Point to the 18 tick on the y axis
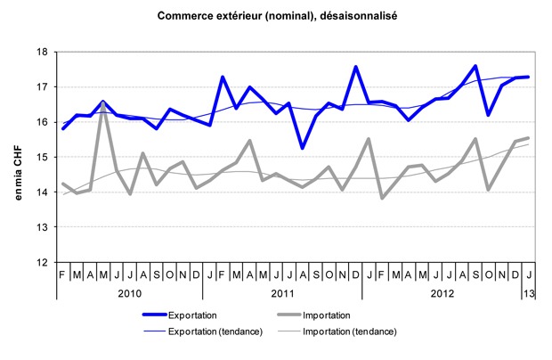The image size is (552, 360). (x=43, y=52)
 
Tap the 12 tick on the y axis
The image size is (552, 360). (x=43, y=263)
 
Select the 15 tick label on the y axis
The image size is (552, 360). (x=43, y=158)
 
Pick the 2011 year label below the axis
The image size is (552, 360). (x=285, y=294)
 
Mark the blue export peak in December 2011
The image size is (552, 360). (x=356, y=67)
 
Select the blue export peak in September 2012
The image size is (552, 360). (x=475, y=67)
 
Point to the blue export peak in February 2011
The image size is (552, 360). (x=223, y=78)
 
